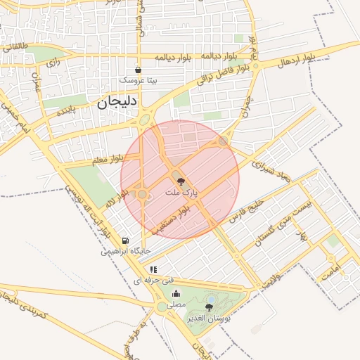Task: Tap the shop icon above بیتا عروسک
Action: point(138,70)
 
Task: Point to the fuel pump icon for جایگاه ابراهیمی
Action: point(125,240)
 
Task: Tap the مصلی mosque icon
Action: point(176,294)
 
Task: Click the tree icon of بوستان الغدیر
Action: point(210,308)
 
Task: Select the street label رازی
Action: point(51,63)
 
